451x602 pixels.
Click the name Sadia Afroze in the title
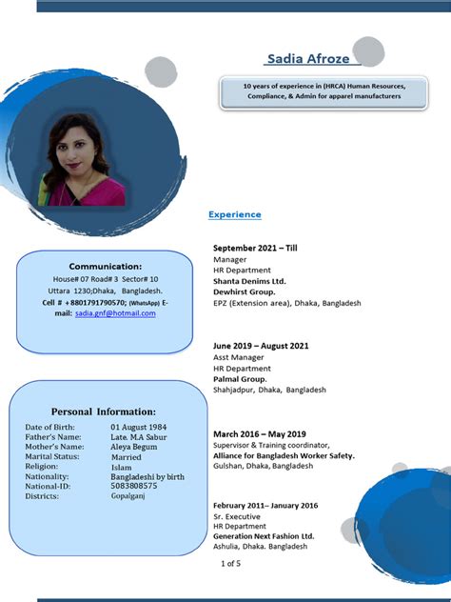click(x=307, y=59)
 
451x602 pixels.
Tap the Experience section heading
click(x=234, y=214)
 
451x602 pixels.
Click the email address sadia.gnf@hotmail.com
click(x=115, y=312)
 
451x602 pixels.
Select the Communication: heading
click(x=106, y=266)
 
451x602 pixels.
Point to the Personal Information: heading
click(x=104, y=411)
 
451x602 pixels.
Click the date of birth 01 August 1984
click(x=138, y=427)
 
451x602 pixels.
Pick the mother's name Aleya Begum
click(x=135, y=447)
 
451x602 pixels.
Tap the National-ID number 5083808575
click(x=134, y=485)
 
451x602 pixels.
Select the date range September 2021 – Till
click(x=255, y=248)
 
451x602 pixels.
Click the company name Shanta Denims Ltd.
click(x=249, y=281)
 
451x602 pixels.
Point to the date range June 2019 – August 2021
click(x=261, y=346)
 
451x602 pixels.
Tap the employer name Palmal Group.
click(x=240, y=379)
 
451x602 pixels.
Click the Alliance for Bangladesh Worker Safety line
click(x=284, y=455)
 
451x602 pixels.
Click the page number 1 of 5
click(x=231, y=564)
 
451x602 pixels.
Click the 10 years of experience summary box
click(x=323, y=90)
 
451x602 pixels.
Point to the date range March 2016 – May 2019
click(x=259, y=434)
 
